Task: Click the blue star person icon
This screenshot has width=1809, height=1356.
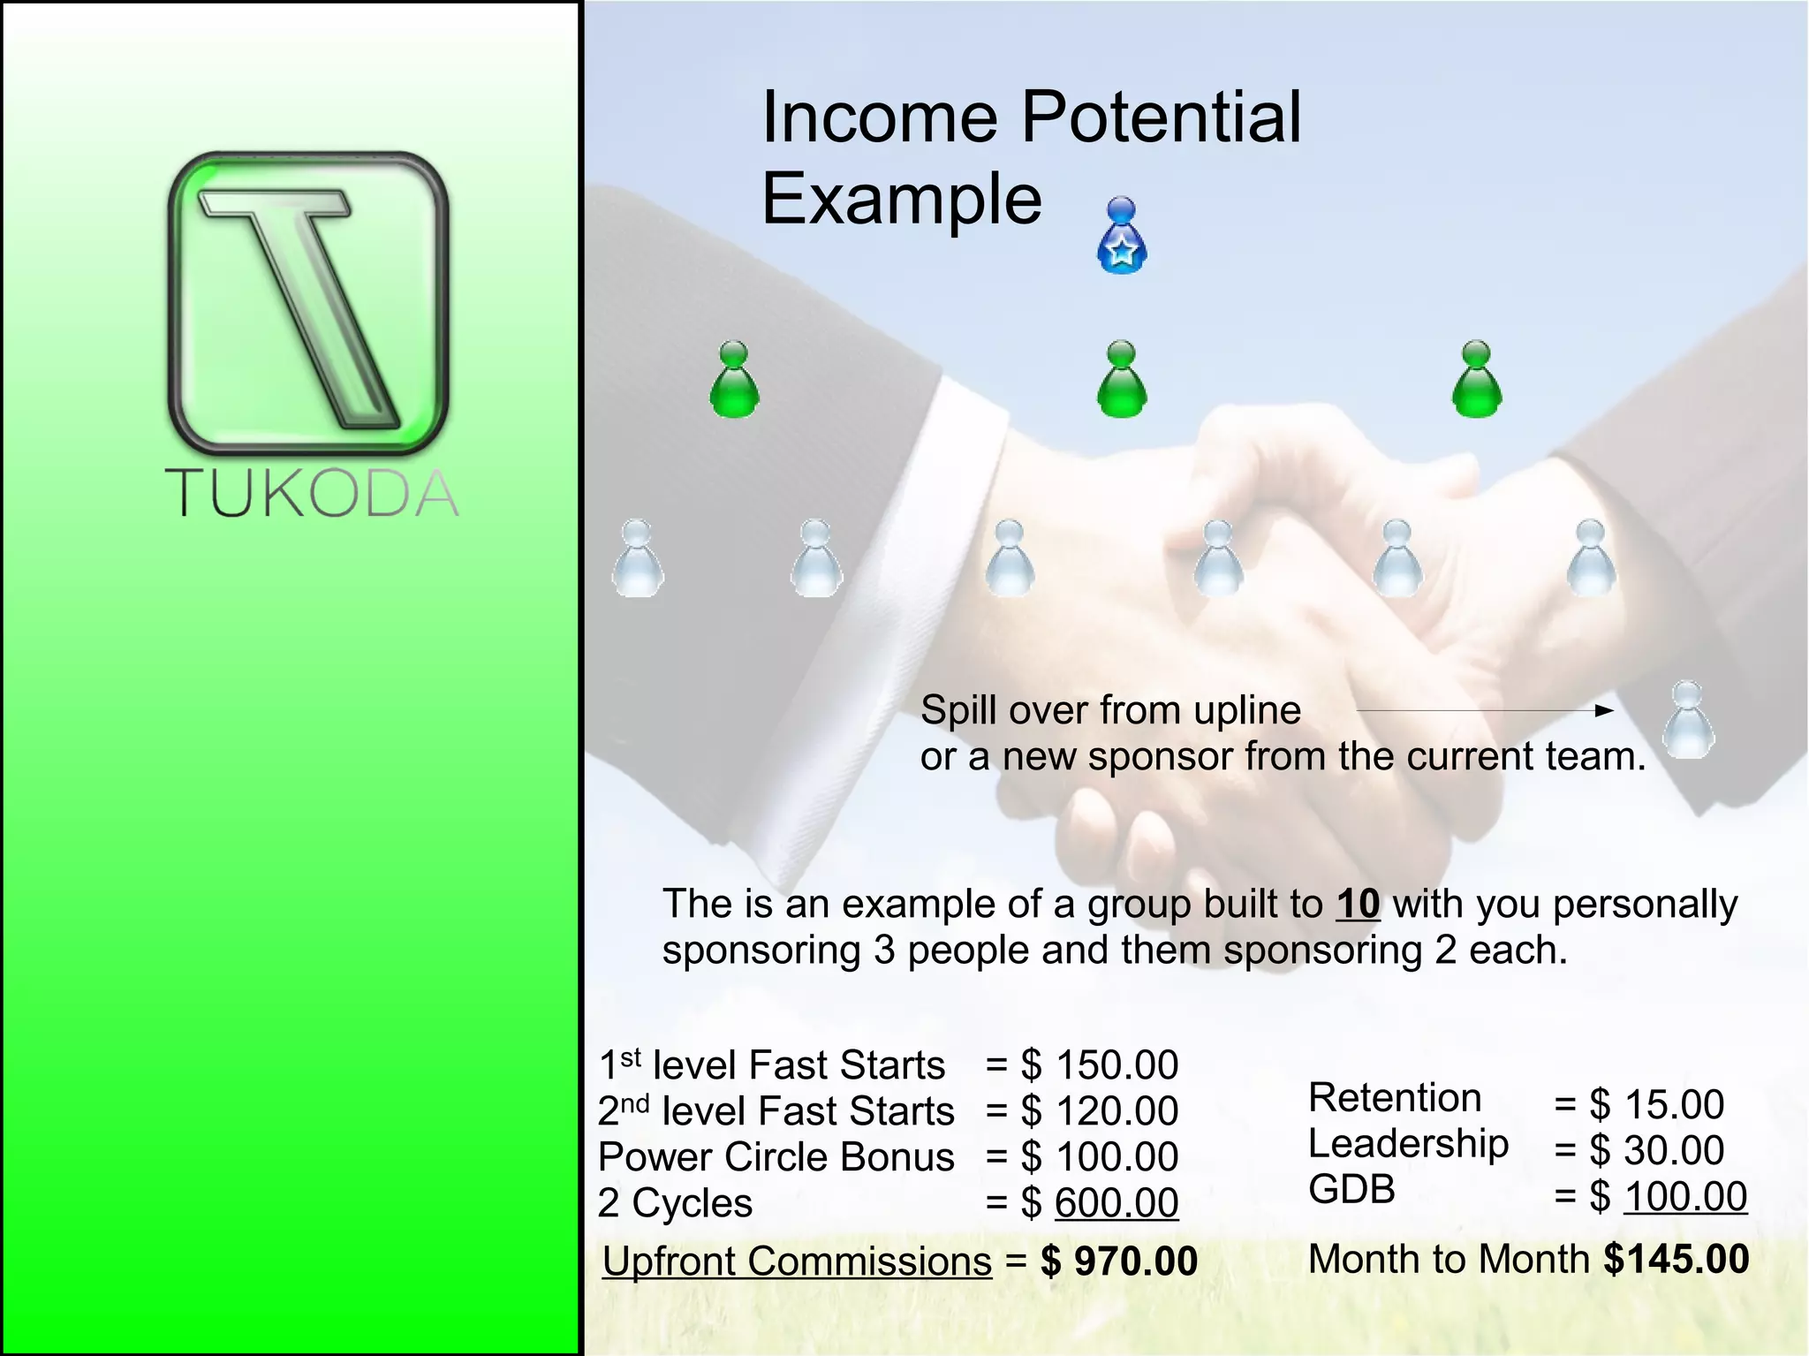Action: [x=1122, y=236]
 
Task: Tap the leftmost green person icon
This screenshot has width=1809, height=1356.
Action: [x=734, y=380]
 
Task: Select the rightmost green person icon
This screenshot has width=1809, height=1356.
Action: [x=1476, y=380]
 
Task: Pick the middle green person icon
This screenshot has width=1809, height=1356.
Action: [x=1122, y=380]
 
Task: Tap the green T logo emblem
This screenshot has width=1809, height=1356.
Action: [x=308, y=303]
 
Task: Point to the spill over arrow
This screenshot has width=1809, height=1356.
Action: [x=1484, y=710]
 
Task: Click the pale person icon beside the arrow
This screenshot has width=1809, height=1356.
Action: [x=1688, y=720]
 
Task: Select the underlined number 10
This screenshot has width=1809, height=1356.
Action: [x=1358, y=904]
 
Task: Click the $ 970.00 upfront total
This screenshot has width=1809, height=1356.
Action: [x=1119, y=1261]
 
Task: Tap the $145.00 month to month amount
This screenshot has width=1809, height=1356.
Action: [x=1676, y=1259]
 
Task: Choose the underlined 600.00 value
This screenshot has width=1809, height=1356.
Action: [x=1116, y=1203]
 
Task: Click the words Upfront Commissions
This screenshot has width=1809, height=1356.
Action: [x=797, y=1261]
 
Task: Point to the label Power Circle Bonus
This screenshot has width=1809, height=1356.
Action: [x=776, y=1157]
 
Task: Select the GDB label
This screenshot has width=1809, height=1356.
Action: [x=1351, y=1189]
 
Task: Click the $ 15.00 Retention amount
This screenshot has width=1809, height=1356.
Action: [x=1655, y=1104]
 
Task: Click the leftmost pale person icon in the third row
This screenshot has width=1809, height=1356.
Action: [x=637, y=558]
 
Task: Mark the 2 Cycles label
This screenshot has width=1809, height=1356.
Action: [x=675, y=1203]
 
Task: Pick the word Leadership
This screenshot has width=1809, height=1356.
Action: [x=1408, y=1144]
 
